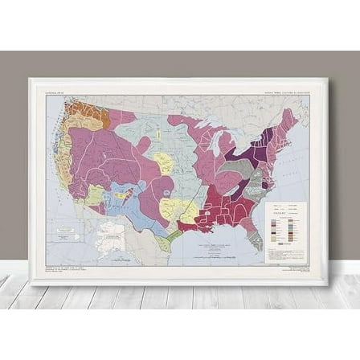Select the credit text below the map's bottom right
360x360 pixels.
[x=294, y=270]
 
